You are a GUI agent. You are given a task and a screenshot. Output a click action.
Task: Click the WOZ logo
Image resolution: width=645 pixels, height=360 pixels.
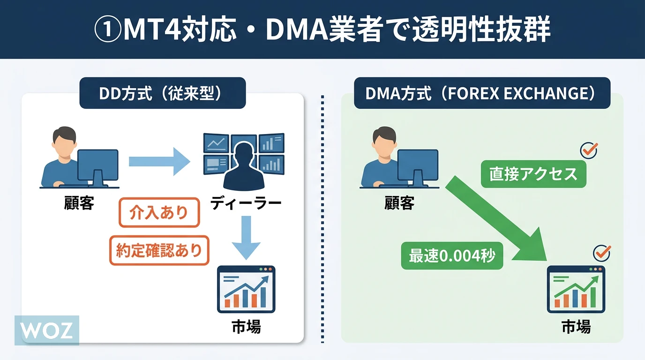click(47, 330)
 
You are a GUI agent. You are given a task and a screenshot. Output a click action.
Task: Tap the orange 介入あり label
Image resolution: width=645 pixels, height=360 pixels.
click(159, 213)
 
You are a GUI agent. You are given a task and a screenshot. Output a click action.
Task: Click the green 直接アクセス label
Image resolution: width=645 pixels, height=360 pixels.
click(533, 174)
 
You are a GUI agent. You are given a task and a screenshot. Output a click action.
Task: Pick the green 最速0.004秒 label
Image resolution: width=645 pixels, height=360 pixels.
click(452, 256)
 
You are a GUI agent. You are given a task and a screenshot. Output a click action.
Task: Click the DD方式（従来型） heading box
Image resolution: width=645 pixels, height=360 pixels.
click(163, 93)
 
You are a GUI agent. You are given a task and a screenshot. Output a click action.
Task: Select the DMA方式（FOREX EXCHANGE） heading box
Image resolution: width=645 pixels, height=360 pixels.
click(482, 93)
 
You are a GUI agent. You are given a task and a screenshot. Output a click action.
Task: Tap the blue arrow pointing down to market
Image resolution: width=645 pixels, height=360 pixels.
click(246, 237)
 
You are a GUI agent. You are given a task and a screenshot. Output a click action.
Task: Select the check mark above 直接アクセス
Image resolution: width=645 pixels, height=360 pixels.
click(589, 150)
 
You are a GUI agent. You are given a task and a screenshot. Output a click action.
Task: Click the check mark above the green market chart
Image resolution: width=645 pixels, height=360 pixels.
click(602, 253)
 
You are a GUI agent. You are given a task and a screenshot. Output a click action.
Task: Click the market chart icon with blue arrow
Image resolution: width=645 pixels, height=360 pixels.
click(246, 289)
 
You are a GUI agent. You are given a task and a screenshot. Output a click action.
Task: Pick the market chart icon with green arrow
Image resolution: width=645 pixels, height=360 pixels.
click(576, 289)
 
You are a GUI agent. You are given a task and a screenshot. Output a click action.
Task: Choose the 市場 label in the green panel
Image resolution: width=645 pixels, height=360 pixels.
click(576, 327)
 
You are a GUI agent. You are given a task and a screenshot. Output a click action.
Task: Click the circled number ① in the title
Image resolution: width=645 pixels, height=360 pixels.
click(109, 31)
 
